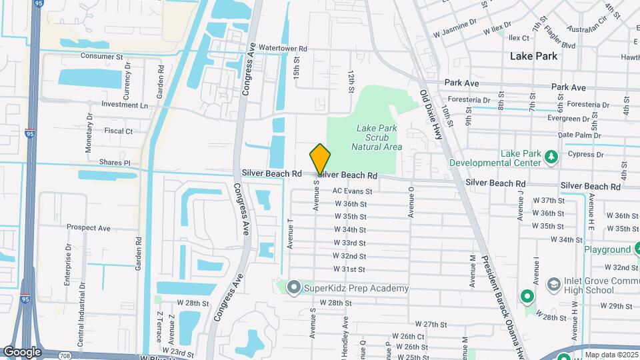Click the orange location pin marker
pyautogui.click(x=321, y=159)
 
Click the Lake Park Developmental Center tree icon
pyautogui.click(x=551, y=157)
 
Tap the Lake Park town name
pyautogui.click(x=533, y=56)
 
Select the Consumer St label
pyautogui.click(x=102, y=57)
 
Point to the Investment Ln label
pyautogui.click(x=125, y=105)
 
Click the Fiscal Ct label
pyautogui.click(x=119, y=131)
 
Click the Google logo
pyautogui.click(x=22, y=351)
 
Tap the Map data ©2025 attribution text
pyautogui.click(x=612, y=355)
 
